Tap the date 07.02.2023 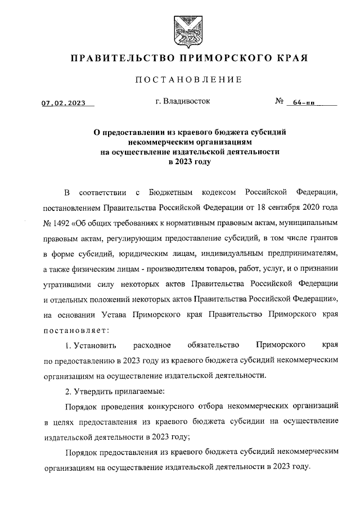click(62, 103)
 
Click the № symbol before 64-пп click(280, 102)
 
